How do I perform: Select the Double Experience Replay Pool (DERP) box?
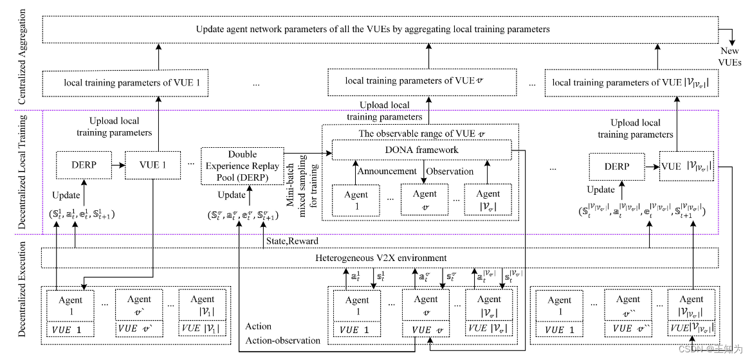coord(242,165)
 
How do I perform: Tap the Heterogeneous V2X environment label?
coord(381,258)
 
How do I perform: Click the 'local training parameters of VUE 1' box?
coord(125,83)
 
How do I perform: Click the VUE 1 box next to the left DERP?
coord(152,165)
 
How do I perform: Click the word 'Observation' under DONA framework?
coord(450,171)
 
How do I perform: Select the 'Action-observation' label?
coord(283,340)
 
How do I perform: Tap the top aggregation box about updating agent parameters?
coord(373,29)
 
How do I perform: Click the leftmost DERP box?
coord(84,165)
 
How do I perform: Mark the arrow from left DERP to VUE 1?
coord(118,165)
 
